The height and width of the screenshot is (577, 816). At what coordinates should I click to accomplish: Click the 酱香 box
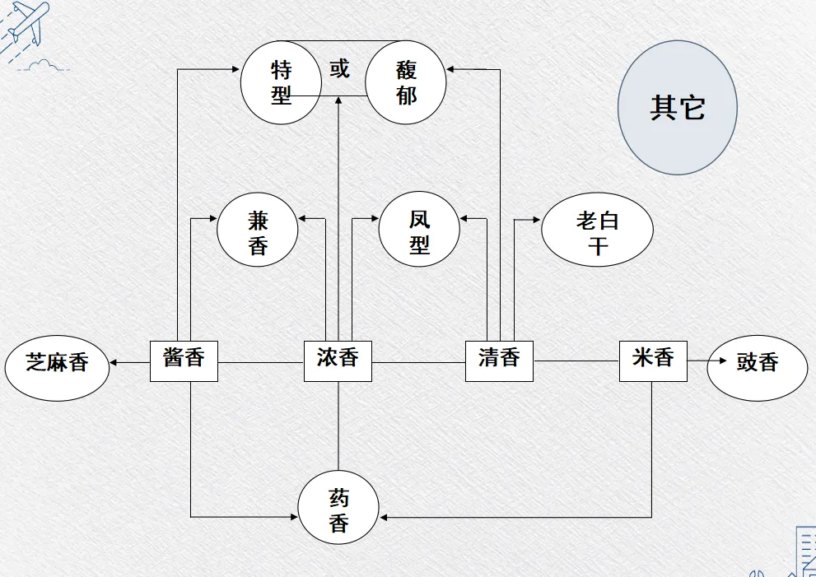pyautogui.click(x=184, y=360)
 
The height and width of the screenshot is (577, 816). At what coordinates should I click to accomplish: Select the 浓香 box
pyautogui.click(x=338, y=360)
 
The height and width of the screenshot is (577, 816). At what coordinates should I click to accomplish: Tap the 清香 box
pyautogui.click(x=499, y=360)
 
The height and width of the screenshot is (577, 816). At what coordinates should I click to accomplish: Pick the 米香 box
pyautogui.click(x=653, y=360)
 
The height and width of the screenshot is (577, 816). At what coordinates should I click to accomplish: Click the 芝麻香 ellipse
pyautogui.click(x=57, y=364)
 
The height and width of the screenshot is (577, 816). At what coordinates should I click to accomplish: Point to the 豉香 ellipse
pyautogui.click(x=758, y=364)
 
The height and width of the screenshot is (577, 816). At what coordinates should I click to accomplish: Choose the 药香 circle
pyautogui.click(x=338, y=511)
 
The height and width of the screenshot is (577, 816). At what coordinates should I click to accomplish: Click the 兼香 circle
pyautogui.click(x=258, y=233)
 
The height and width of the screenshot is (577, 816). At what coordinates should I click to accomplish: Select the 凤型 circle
pyautogui.click(x=419, y=233)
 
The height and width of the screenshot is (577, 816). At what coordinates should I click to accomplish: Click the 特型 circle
pyautogui.click(x=281, y=82)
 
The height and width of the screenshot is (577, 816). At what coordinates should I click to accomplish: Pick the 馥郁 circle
pyautogui.click(x=406, y=82)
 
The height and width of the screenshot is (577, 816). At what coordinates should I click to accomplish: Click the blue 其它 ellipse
pyautogui.click(x=677, y=108)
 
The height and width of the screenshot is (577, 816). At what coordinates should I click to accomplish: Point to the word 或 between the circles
pyautogui.click(x=340, y=69)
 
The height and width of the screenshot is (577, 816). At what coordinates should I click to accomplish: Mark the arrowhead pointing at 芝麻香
pyautogui.click(x=115, y=361)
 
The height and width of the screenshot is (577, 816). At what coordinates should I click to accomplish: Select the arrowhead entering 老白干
pyautogui.click(x=536, y=220)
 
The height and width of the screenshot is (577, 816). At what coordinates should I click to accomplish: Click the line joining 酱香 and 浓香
pyautogui.click(x=261, y=361)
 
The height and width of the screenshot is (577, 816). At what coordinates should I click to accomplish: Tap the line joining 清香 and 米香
pyautogui.click(x=576, y=361)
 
